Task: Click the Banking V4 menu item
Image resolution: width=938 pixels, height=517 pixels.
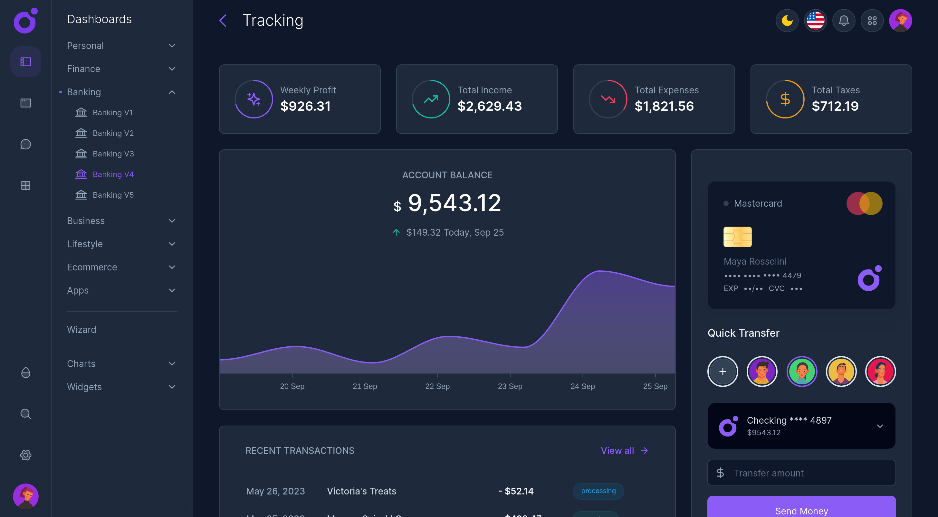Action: click(113, 174)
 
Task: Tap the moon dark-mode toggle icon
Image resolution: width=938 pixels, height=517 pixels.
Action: click(787, 21)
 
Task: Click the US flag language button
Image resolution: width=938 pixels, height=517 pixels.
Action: click(815, 21)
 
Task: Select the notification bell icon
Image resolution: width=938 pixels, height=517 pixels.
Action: click(844, 21)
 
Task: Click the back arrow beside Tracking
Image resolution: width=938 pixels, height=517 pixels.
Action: click(223, 21)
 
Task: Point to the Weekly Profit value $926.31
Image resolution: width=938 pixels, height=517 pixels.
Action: click(305, 106)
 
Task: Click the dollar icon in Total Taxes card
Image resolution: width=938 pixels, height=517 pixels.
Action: click(785, 99)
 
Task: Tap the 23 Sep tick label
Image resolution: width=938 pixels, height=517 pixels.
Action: click(510, 386)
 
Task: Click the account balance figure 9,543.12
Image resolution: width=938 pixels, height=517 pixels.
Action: click(454, 203)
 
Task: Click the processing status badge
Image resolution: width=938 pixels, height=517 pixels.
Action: click(598, 491)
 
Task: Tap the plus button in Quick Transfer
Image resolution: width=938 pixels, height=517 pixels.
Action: click(723, 371)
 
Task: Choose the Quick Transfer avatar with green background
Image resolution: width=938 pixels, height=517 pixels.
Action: click(801, 371)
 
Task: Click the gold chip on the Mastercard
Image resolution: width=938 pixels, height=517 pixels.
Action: click(737, 237)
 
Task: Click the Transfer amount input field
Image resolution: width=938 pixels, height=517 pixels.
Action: click(801, 473)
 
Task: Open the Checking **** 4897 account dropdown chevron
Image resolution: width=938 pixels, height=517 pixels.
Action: click(880, 426)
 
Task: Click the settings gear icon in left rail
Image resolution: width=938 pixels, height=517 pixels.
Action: click(25, 455)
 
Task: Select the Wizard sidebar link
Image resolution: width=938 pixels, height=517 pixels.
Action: click(81, 330)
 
